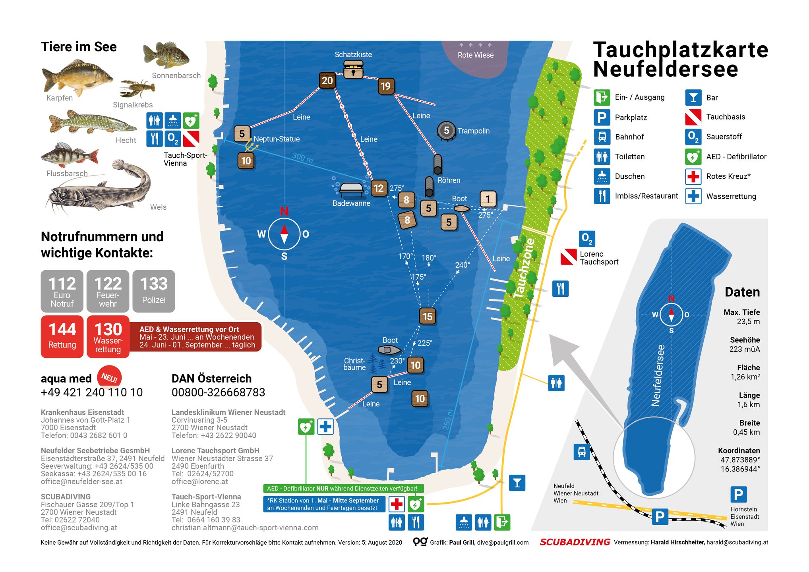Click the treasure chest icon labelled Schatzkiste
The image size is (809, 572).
tap(353, 70)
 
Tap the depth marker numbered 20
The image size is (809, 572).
tap(327, 81)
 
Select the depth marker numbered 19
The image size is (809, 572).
tap(385, 86)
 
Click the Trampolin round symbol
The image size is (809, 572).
tap(446, 131)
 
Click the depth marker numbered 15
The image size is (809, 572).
tap(427, 317)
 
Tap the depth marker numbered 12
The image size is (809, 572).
tap(378, 188)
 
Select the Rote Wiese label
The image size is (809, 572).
tap(475, 55)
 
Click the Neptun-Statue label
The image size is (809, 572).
tap(277, 139)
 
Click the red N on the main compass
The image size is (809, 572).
tap(284, 211)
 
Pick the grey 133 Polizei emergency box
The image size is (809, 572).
tap(154, 291)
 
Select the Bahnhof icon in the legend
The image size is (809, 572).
tap(602, 137)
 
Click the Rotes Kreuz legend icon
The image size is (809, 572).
tap(693, 176)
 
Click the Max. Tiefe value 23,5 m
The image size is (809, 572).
tap(748, 322)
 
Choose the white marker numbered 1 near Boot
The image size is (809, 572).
tap(488, 199)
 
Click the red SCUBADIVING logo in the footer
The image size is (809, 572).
tap(575, 542)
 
